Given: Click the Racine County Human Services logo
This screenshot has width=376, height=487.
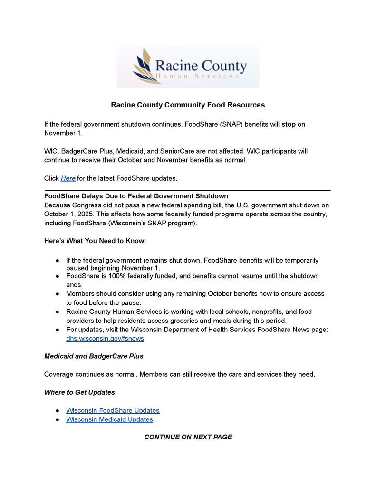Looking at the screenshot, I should tap(188, 67).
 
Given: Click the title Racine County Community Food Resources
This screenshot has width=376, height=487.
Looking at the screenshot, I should tap(188, 105).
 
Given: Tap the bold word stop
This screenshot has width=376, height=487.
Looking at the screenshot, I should tap(289, 124).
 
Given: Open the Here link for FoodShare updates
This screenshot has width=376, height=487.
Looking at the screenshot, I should tap(68, 178).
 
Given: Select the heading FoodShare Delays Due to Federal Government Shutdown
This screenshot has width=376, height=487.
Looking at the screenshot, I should tap(136, 196).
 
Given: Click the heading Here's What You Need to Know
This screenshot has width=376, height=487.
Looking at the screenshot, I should tap(95, 241).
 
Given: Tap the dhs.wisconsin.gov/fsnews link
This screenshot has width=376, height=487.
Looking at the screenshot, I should tap(105, 339).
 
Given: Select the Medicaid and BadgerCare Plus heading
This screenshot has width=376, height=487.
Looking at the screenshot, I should tap(94, 356).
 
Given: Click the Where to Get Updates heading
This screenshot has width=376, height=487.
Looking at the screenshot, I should tap(79, 392).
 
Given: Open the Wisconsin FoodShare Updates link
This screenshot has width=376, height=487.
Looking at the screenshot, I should tap(113, 410).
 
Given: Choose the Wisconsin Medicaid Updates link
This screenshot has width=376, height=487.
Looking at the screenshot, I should tap(109, 419).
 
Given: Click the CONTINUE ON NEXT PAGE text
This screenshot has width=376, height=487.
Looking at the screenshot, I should tap(188, 437).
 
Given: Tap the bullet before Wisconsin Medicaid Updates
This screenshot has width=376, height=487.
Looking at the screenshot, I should tap(57, 420).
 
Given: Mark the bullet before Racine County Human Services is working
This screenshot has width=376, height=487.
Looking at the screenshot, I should tap(57, 312).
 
